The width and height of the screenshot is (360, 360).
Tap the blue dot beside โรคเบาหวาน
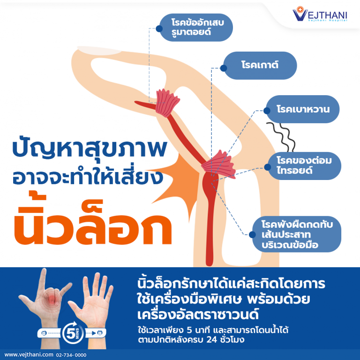click(x=266, y=111)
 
